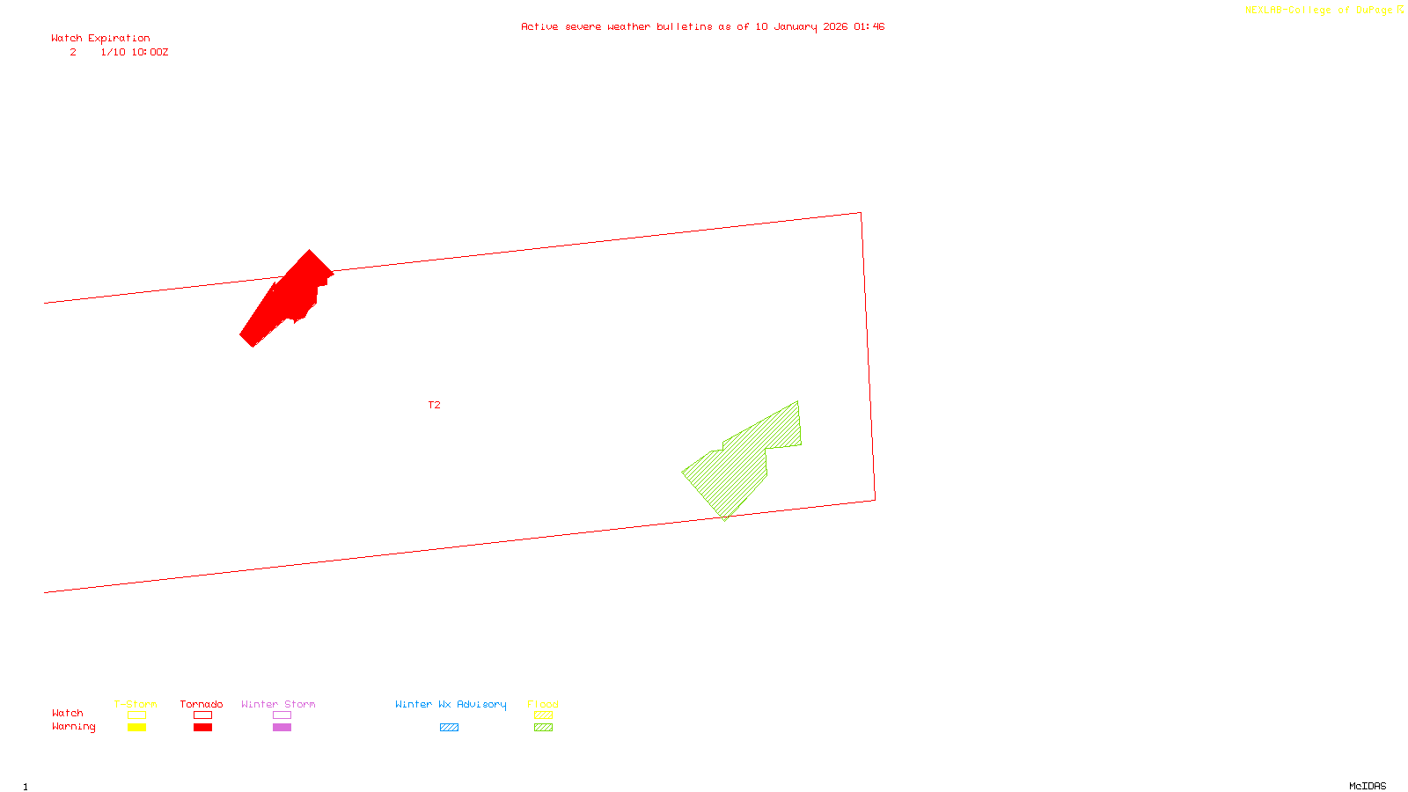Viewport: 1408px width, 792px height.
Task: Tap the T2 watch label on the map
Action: click(434, 405)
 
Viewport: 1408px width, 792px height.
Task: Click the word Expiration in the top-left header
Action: click(119, 38)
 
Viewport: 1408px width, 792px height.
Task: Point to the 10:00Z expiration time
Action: click(150, 52)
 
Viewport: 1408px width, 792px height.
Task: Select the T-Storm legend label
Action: click(136, 704)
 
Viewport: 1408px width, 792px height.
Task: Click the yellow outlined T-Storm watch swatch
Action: click(136, 715)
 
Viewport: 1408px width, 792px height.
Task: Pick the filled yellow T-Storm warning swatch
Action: click(136, 728)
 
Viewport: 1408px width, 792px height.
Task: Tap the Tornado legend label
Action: click(202, 704)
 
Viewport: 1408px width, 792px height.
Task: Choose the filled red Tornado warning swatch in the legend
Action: click(202, 728)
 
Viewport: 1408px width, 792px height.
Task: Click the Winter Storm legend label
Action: click(278, 704)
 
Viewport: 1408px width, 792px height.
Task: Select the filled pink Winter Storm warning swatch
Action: click(282, 728)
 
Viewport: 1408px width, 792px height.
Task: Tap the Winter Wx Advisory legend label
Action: click(451, 704)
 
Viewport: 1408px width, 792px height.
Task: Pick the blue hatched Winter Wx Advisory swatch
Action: click(449, 728)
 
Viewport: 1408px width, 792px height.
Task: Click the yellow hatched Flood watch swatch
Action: click(543, 715)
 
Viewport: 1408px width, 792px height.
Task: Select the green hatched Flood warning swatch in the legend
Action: click(543, 728)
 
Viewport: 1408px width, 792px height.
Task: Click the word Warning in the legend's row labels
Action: click(73, 727)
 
